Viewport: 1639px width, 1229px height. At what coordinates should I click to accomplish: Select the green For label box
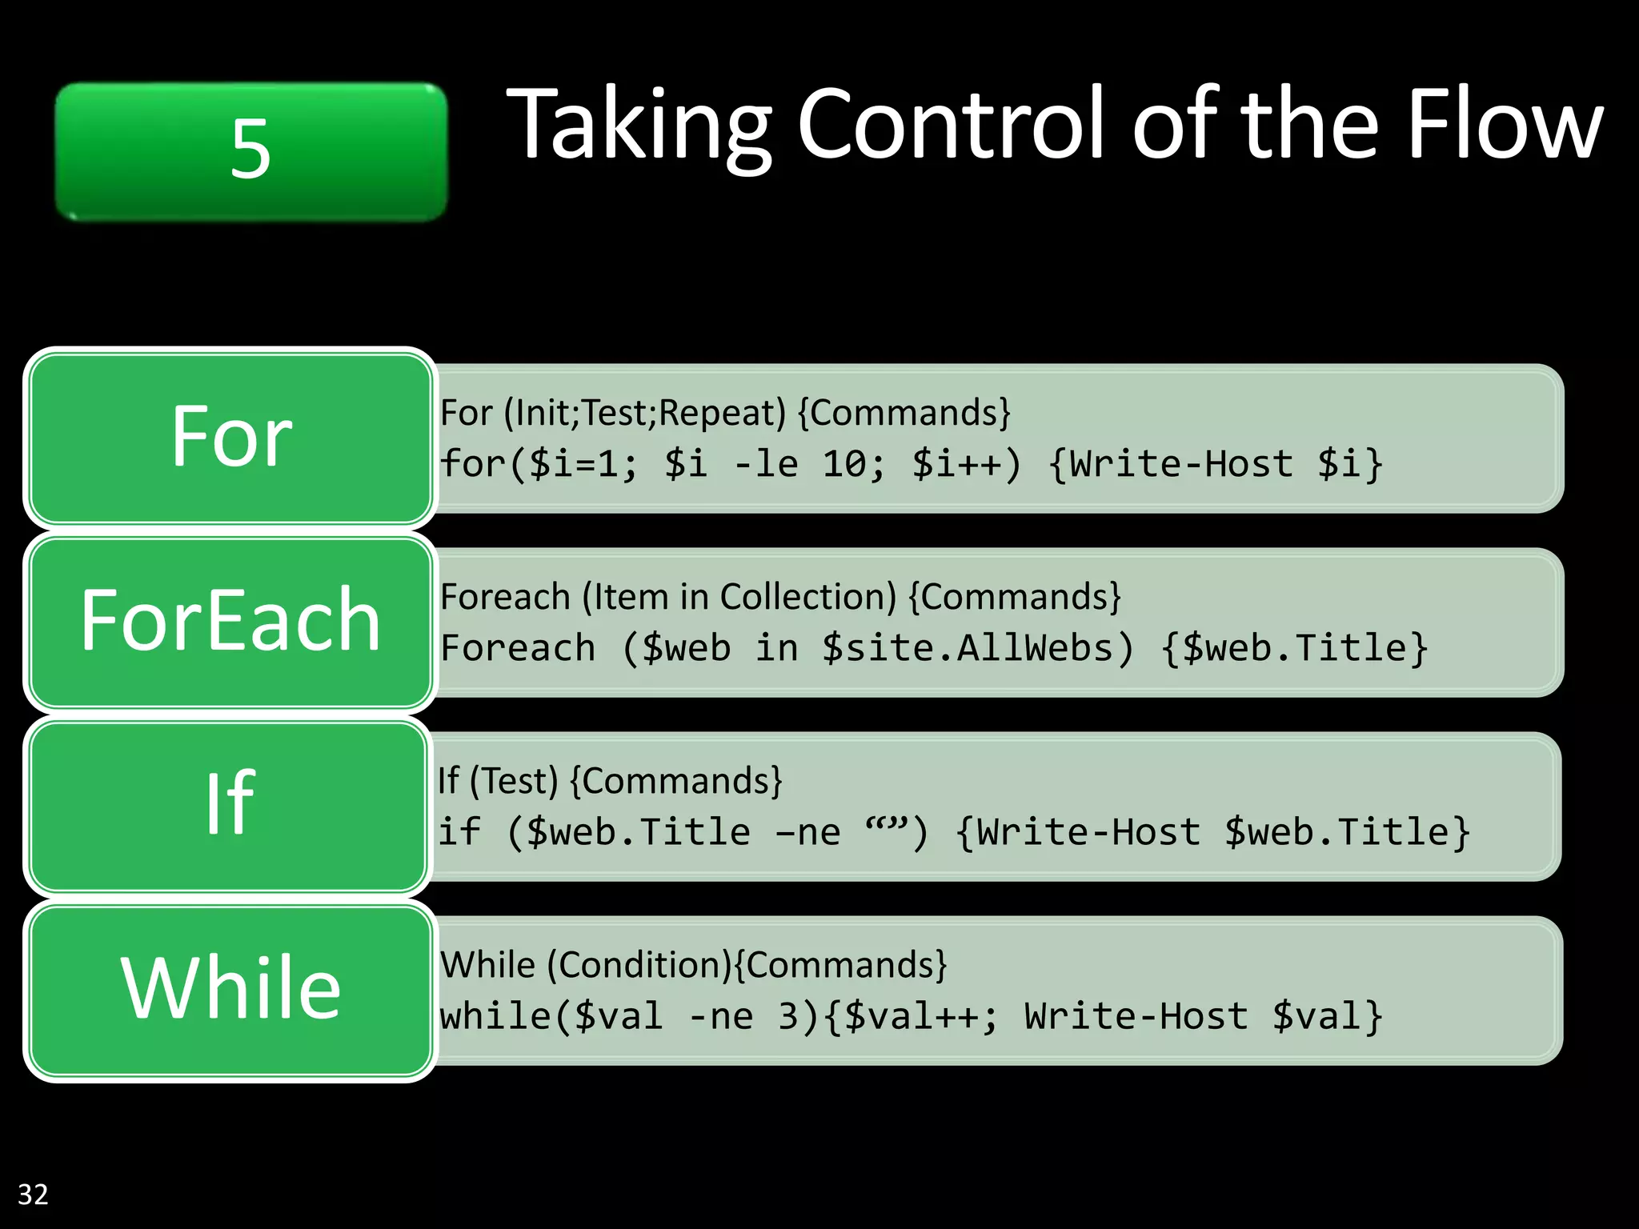coord(230,438)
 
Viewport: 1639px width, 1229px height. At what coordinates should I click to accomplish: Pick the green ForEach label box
coord(230,621)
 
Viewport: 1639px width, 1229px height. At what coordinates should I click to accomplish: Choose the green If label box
coord(229,804)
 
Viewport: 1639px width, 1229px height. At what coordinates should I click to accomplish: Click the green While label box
coord(230,989)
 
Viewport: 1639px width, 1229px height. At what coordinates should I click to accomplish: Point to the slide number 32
coord(33,1195)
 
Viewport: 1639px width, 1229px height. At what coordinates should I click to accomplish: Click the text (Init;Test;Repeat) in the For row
coord(645,414)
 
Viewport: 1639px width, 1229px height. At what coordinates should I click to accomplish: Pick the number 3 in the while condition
coord(788,1016)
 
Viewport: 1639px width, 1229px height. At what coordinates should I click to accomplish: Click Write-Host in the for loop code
coord(1181,464)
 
